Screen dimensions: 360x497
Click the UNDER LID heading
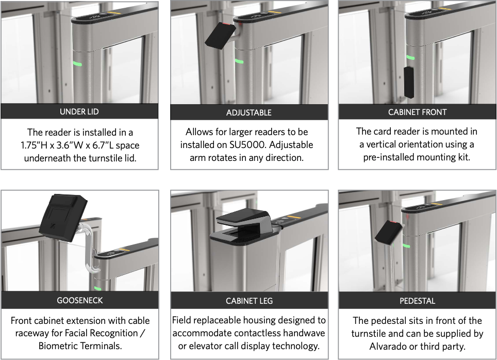pos(79,111)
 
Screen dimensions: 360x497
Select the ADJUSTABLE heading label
pos(248,112)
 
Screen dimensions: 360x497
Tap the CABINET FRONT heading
pos(417,112)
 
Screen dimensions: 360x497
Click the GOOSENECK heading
pos(79,300)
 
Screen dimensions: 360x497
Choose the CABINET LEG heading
pos(249,301)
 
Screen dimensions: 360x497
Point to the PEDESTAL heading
pos(417,301)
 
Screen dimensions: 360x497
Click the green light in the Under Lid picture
pos(77,64)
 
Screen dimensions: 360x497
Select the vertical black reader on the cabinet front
pos(409,82)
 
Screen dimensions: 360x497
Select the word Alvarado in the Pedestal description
pos(387,347)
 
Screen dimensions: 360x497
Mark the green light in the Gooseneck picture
pos(97,288)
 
